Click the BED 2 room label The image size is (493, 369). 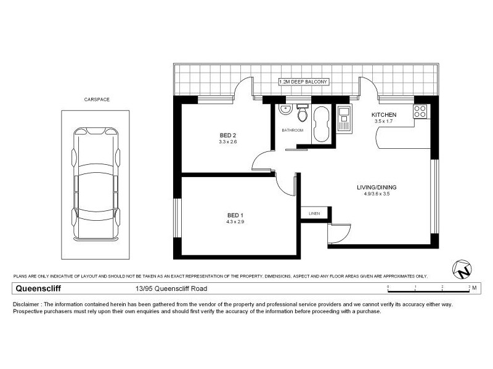point(228,135)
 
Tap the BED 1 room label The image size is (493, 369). point(236,215)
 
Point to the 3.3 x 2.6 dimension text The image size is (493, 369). point(228,142)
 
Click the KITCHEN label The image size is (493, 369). point(383,115)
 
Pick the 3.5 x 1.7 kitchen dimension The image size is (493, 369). point(383,122)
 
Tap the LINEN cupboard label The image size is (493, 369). point(314,213)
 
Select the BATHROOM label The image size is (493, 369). point(293,130)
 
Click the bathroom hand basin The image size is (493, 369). point(284,110)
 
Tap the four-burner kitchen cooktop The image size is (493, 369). point(420,111)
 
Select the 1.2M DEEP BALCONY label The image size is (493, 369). point(305,81)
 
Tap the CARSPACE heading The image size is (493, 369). point(97,99)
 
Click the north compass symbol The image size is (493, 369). point(462,268)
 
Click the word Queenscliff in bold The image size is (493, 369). point(38,288)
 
